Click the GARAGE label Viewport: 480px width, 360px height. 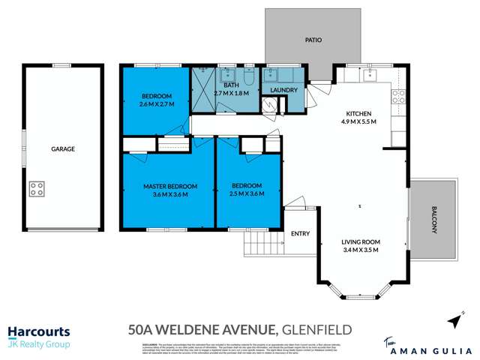point(63,149)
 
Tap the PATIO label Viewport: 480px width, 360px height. point(313,40)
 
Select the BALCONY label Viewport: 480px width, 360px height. point(433,220)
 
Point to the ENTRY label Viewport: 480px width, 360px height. point(300,233)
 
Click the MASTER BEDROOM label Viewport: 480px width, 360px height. point(170,186)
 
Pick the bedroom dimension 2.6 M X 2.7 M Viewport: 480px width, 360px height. point(157,104)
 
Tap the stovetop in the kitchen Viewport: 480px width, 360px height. point(398,97)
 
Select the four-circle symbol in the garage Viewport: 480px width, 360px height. point(37,188)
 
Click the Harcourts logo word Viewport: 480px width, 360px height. point(39,331)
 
